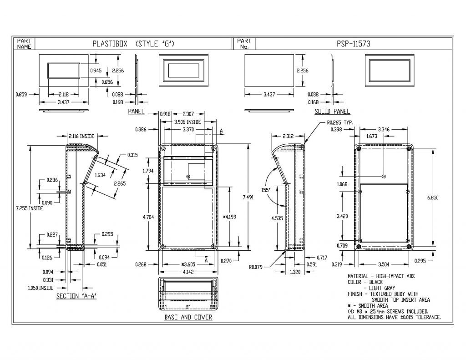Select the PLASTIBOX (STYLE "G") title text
[x=133, y=44]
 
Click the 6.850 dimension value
[x=432, y=198]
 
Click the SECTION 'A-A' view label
[x=78, y=296]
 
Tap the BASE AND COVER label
[x=188, y=317]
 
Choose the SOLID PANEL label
[x=332, y=112]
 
